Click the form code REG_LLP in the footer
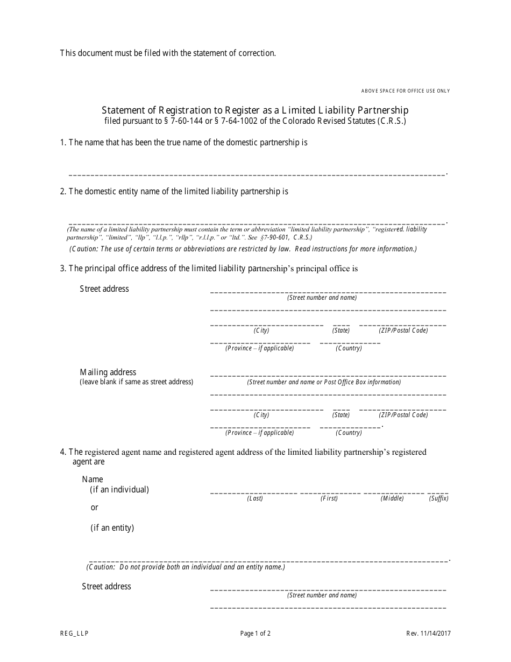74,633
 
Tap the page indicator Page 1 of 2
256,633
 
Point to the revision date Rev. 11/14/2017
429,633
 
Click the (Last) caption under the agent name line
255,498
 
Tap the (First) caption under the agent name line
329,498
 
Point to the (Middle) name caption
392,498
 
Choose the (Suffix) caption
438,498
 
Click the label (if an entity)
112,527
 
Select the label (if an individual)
119,489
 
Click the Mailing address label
108,372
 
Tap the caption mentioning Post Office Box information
324,382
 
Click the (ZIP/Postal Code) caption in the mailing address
403,415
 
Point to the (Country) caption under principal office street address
349,348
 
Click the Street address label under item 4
107,586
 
